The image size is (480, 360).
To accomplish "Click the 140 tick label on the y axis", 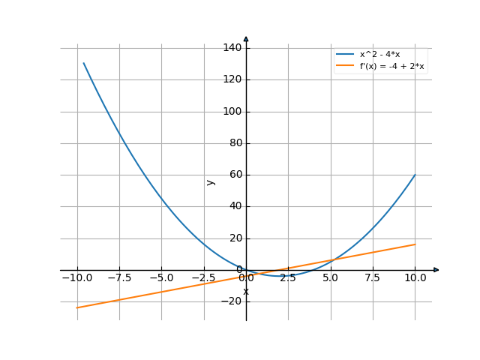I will [x=232, y=48].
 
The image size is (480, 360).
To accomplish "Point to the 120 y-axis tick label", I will [x=232, y=79].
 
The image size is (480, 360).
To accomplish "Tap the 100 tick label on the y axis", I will [x=232, y=112].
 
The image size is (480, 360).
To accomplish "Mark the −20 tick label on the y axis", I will [x=232, y=301].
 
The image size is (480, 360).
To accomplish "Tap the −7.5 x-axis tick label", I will [x=118, y=277].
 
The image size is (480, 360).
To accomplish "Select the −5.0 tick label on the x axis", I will [x=160, y=277].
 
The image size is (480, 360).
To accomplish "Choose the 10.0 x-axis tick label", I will [x=415, y=277].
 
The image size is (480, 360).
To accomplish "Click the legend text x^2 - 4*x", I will [x=380, y=55].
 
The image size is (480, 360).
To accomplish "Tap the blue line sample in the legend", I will [x=345, y=55].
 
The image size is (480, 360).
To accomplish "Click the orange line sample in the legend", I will [x=345, y=66].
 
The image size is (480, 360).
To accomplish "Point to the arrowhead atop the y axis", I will [x=246, y=38].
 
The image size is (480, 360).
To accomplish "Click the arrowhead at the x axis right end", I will [x=436, y=270].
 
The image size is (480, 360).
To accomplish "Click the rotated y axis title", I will [x=211, y=181].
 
